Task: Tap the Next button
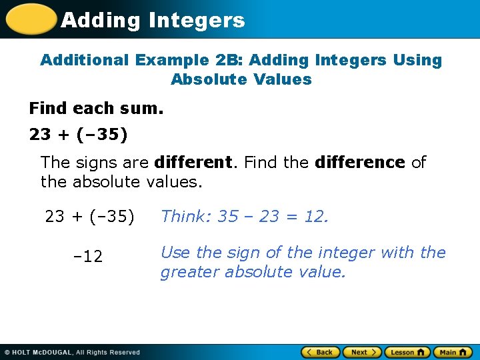point(361,352)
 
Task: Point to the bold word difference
point(360,163)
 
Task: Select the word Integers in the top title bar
point(197,20)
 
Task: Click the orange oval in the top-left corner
point(30,19)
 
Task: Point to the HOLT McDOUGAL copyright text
point(73,352)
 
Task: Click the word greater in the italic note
point(191,272)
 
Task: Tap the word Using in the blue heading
point(417,60)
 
